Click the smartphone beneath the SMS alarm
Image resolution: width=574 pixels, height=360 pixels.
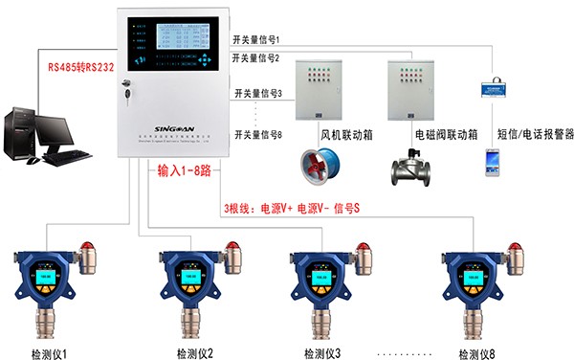point(494,161)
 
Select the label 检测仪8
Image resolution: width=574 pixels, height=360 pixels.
point(475,351)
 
